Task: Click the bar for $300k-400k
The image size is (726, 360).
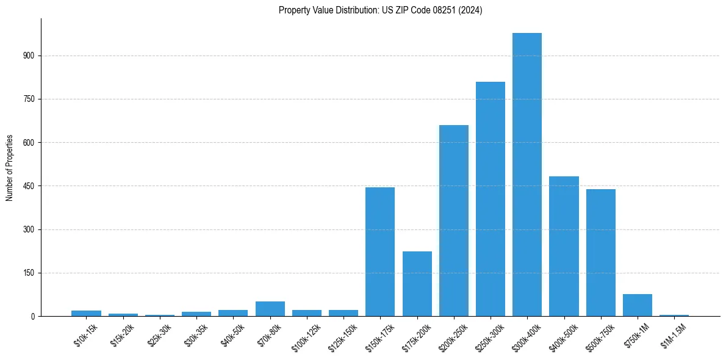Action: click(x=527, y=175)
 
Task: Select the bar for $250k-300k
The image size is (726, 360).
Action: click(x=491, y=199)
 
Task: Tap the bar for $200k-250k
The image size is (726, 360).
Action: click(x=454, y=221)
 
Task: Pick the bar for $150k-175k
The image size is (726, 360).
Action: click(x=380, y=251)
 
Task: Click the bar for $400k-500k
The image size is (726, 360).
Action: click(x=564, y=247)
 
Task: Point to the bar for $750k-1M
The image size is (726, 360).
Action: click(x=638, y=305)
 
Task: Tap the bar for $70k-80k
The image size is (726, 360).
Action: click(x=270, y=309)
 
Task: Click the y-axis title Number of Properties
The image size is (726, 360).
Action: click(x=9, y=168)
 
